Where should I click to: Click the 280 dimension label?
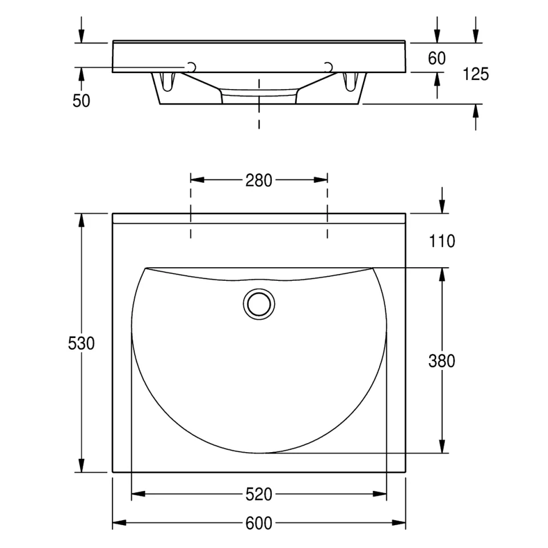click(259, 180)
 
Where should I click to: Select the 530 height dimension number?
click(81, 343)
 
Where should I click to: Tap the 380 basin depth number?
click(442, 361)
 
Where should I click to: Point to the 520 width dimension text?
click(259, 494)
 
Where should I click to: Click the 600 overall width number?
click(259, 523)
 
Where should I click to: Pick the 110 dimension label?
click(442, 241)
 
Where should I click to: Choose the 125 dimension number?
click(476, 74)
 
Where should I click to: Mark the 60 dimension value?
click(437, 58)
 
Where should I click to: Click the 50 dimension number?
click(81, 101)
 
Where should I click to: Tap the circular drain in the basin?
click(259, 304)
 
